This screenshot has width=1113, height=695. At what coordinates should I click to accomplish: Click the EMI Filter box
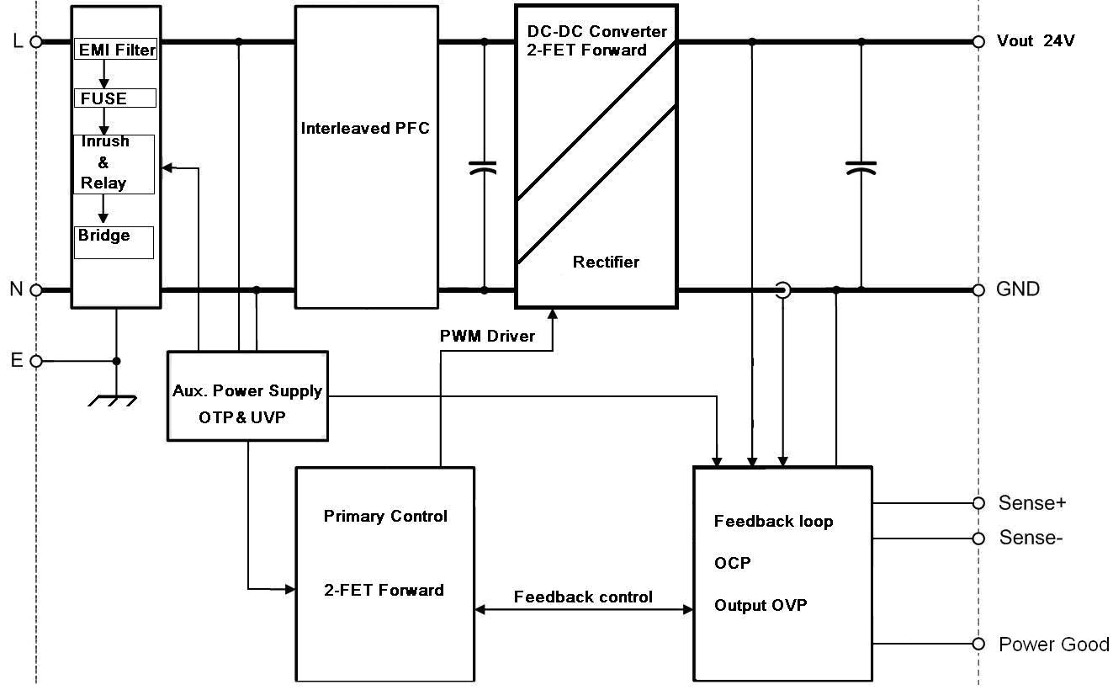116,50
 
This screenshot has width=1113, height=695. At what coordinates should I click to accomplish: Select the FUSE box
116,98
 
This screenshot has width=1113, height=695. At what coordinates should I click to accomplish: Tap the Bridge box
114,242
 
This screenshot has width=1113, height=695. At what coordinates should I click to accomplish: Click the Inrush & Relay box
114,164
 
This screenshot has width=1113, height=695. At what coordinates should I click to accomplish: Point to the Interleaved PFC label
365,129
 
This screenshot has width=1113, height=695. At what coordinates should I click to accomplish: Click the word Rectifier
606,262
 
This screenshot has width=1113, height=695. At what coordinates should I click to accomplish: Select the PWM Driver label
487,336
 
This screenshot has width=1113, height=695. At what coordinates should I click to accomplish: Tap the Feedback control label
583,597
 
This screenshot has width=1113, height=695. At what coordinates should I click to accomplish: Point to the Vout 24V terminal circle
978,41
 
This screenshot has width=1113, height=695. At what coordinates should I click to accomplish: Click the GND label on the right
1018,289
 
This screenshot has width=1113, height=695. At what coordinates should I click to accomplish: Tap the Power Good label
1053,645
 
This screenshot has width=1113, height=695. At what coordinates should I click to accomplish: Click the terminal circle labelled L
36,41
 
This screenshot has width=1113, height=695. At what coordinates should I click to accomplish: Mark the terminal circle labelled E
36,361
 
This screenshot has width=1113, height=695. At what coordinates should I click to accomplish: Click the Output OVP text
761,605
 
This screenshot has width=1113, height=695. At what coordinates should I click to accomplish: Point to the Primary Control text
385,516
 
